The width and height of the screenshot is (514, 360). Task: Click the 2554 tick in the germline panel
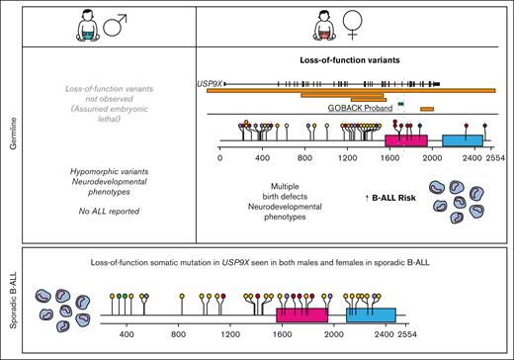pyautogui.click(x=493, y=156)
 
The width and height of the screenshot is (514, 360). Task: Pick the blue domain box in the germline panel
pyautogui.click(x=462, y=141)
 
